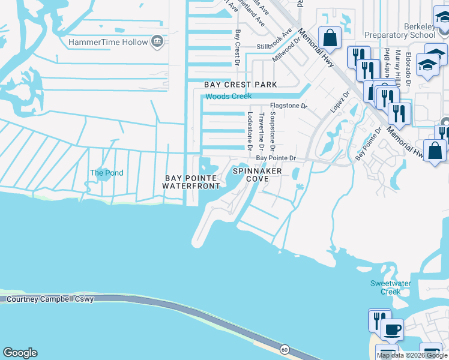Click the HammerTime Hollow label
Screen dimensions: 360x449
click(108, 42)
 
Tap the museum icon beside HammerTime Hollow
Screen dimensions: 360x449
click(157, 41)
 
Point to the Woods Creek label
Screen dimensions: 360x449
click(228, 96)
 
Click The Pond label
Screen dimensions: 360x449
click(106, 173)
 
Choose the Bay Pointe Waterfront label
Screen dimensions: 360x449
click(191, 182)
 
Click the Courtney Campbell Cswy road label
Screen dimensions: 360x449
click(47, 299)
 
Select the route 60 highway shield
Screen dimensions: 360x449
click(285, 349)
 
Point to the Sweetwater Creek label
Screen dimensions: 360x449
click(385, 287)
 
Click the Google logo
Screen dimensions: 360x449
click(20, 353)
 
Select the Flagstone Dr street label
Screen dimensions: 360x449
click(288, 106)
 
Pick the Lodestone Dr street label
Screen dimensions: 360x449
click(249, 131)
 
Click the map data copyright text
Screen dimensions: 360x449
click(412, 355)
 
